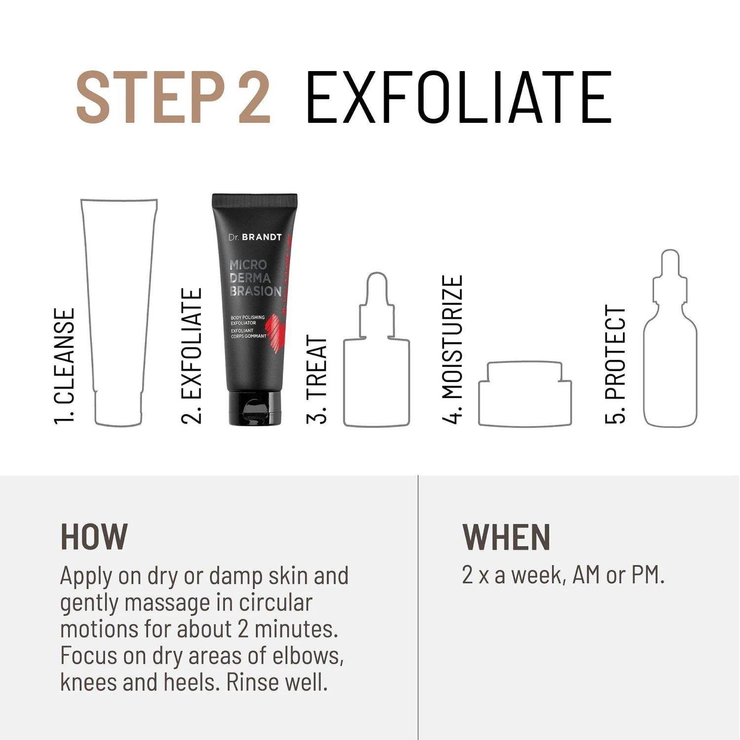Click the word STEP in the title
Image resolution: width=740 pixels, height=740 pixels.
[x=150, y=97]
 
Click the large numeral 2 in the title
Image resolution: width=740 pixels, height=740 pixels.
[x=254, y=97]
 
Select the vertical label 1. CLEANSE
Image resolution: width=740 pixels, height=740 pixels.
[x=65, y=366]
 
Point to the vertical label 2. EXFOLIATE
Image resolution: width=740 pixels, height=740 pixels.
[x=192, y=356]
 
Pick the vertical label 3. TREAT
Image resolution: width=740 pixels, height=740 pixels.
[x=317, y=379]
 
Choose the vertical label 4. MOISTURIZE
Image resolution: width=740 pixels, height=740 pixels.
[x=452, y=349]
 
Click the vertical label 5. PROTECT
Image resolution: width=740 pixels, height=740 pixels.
[x=615, y=365]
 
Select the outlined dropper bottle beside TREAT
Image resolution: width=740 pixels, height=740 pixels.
[x=344, y=385]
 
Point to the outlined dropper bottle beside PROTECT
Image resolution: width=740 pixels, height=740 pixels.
[x=644, y=375]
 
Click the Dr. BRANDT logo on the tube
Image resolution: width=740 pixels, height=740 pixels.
[x=255, y=237]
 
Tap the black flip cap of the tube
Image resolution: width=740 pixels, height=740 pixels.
[x=255, y=408]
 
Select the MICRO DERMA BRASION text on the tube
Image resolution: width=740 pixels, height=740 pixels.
[x=255, y=278]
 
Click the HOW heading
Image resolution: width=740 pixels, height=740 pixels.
[x=94, y=537]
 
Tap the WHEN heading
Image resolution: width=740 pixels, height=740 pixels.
[x=506, y=537]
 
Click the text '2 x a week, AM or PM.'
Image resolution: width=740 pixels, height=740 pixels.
[x=563, y=575]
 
